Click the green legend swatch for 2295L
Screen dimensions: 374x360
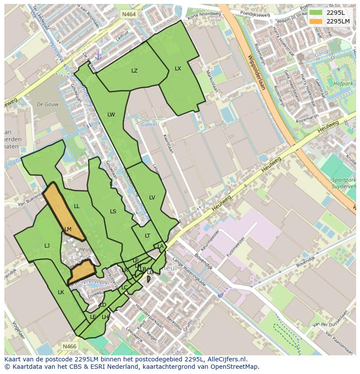pos(316,13)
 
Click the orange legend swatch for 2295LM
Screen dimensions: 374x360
pos(316,21)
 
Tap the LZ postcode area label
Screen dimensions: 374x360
pos(134,71)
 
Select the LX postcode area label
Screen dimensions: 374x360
pos(178,69)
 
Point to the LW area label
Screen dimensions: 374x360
pos(111,115)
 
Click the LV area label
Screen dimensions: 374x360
pos(152,198)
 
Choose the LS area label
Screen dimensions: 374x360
pos(113,212)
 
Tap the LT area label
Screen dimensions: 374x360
pos(147,236)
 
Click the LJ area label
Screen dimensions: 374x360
pos(47,246)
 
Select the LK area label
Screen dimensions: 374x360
pos(61,292)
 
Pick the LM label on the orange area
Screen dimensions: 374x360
pos(68,229)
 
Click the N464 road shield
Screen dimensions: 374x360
pos(129,14)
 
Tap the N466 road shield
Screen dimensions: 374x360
pos(69,346)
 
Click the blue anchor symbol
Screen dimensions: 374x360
pos(98,56)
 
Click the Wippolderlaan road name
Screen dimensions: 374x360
pos(256,72)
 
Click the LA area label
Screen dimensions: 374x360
pos(160,246)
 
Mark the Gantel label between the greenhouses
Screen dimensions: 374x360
pos(149,124)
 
